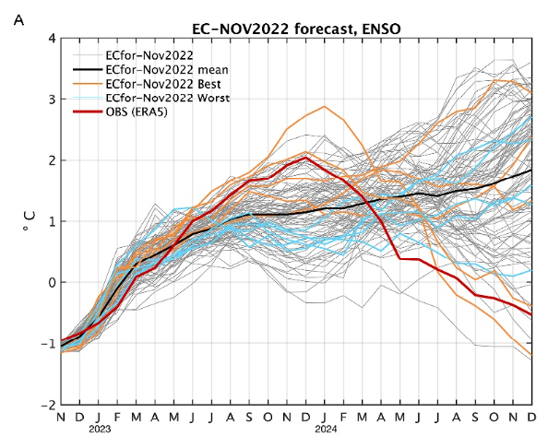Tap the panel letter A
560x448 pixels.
click(x=18, y=19)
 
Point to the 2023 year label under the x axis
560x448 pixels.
click(x=101, y=428)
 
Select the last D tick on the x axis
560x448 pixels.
click(x=531, y=417)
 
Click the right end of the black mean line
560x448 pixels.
click(x=531, y=171)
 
